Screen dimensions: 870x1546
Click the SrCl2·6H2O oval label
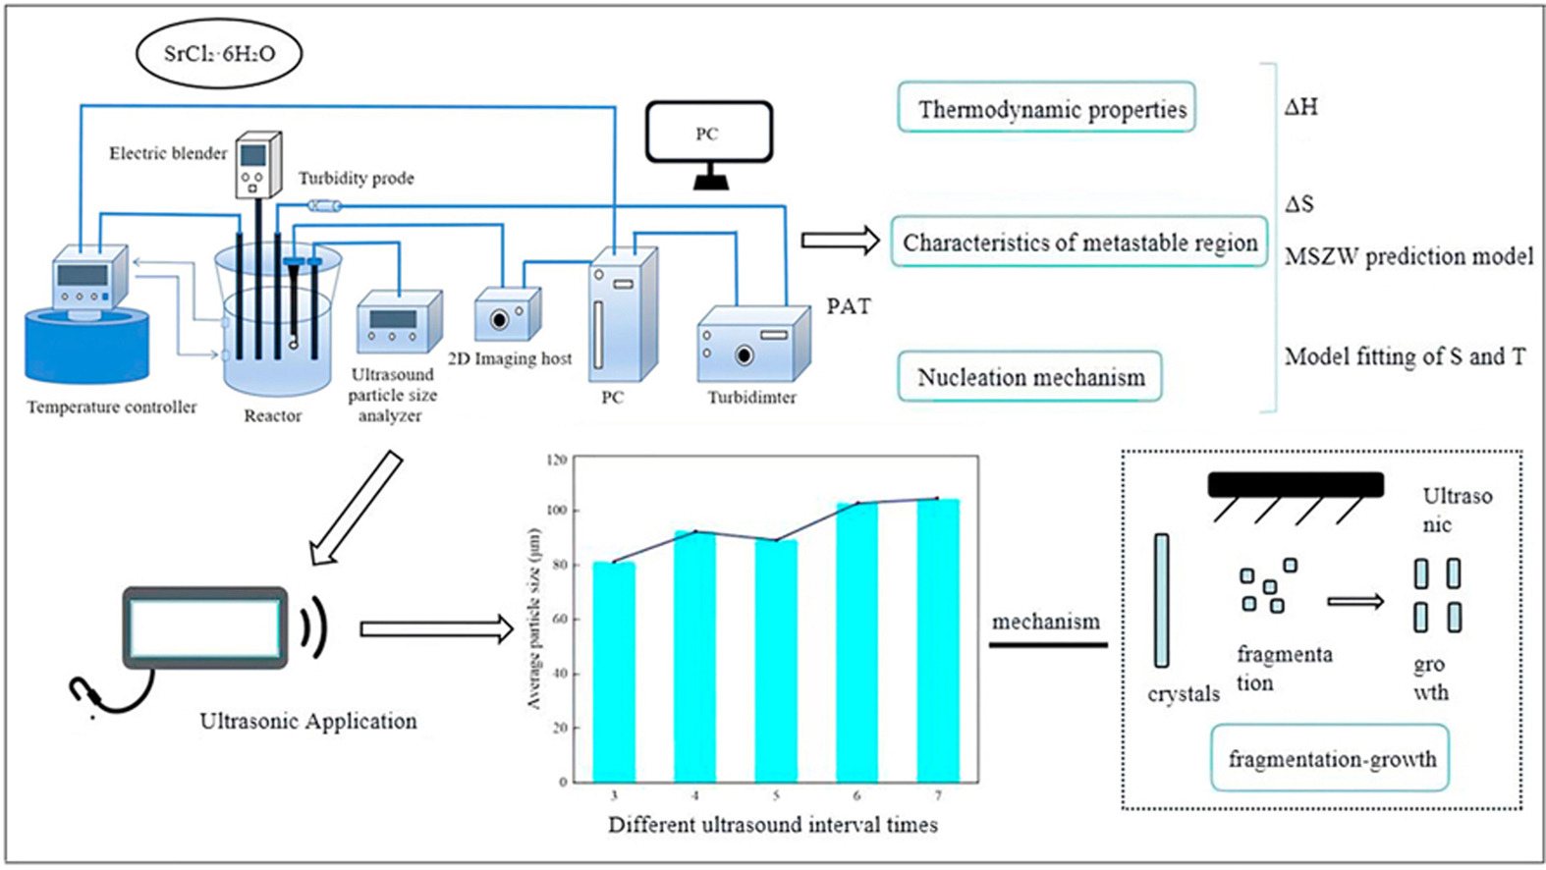pyautogui.click(x=219, y=53)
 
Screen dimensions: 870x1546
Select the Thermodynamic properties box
pyautogui.click(x=1046, y=108)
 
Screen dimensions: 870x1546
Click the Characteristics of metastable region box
pyautogui.click(x=1078, y=243)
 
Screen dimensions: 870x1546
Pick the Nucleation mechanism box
pyautogui.click(x=1029, y=377)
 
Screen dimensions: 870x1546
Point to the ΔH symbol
pyautogui.click(x=1300, y=107)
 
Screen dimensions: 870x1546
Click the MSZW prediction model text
pyautogui.click(x=1408, y=256)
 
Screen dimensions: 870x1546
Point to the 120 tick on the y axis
pyautogui.click(x=557, y=460)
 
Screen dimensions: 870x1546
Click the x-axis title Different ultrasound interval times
pyautogui.click(x=773, y=825)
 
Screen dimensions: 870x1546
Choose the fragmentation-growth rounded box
pyautogui.click(x=1330, y=758)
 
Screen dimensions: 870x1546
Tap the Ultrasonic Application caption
pyautogui.click(x=307, y=721)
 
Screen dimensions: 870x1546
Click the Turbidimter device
pyautogui.click(x=753, y=344)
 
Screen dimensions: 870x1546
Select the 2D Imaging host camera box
pyautogui.click(x=507, y=315)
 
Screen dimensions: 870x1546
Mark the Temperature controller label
pyautogui.click(x=112, y=407)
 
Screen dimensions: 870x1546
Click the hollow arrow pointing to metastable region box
pyautogui.click(x=840, y=241)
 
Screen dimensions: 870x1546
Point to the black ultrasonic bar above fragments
pyautogui.click(x=1295, y=484)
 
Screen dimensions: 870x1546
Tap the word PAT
pyautogui.click(x=848, y=306)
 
